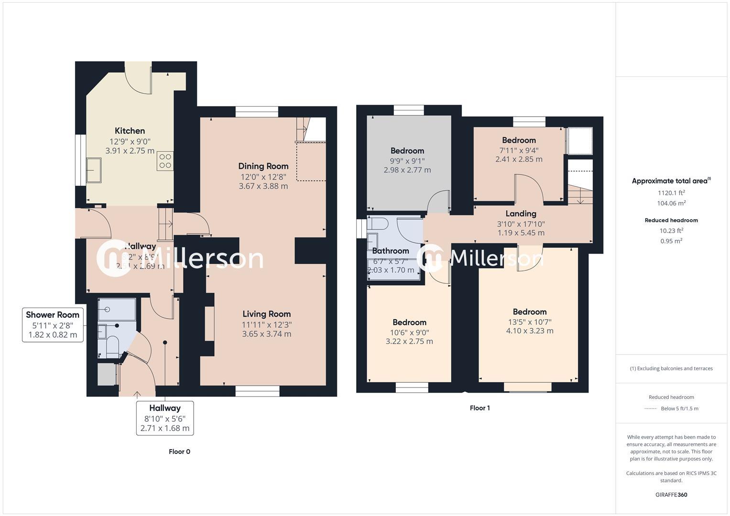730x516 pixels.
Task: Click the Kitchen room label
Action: pyautogui.click(x=130, y=131)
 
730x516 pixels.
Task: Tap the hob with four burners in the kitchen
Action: pyautogui.click(x=165, y=161)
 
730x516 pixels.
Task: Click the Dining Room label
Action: pyautogui.click(x=263, y=166)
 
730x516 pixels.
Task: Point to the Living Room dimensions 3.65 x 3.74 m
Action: pyautogui.click(x=266, y=334)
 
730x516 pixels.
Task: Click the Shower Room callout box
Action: pyautogui.click(x=53, y=324)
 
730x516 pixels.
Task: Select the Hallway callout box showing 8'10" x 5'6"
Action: pyautogui.click(x=165, y=418)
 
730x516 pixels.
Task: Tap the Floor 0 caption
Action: pyautogui.click(x=179, y=451)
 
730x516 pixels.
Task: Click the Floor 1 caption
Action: pyautogui.click(x=479, y=408)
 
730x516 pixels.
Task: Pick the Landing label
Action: pyautogui.click(x=521, y=214)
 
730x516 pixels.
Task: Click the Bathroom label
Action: pyautogui.click(x=391, y=251)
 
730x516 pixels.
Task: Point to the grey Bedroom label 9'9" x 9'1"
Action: pyautogui.click(x=407, y=151)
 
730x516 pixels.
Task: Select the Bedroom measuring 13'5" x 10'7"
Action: pyautogui.click(x=530, y=312)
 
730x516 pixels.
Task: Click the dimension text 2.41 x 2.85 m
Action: pyautogui.click(x=519, y=159)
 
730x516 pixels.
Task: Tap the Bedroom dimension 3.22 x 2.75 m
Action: pyautogui.click(x=409, y=341)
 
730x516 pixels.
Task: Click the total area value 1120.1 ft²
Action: pyautogui.click(x=671, y=193)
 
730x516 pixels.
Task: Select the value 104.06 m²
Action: pyautogui.click(x=671, y=203)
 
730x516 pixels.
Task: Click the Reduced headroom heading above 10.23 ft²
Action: pyautogui.click(x=671, y=220)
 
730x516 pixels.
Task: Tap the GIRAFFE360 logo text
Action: pyautogui.click(x=671, y=494)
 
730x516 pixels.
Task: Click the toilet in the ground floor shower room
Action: pyautogui.click(x=112, y=346)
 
